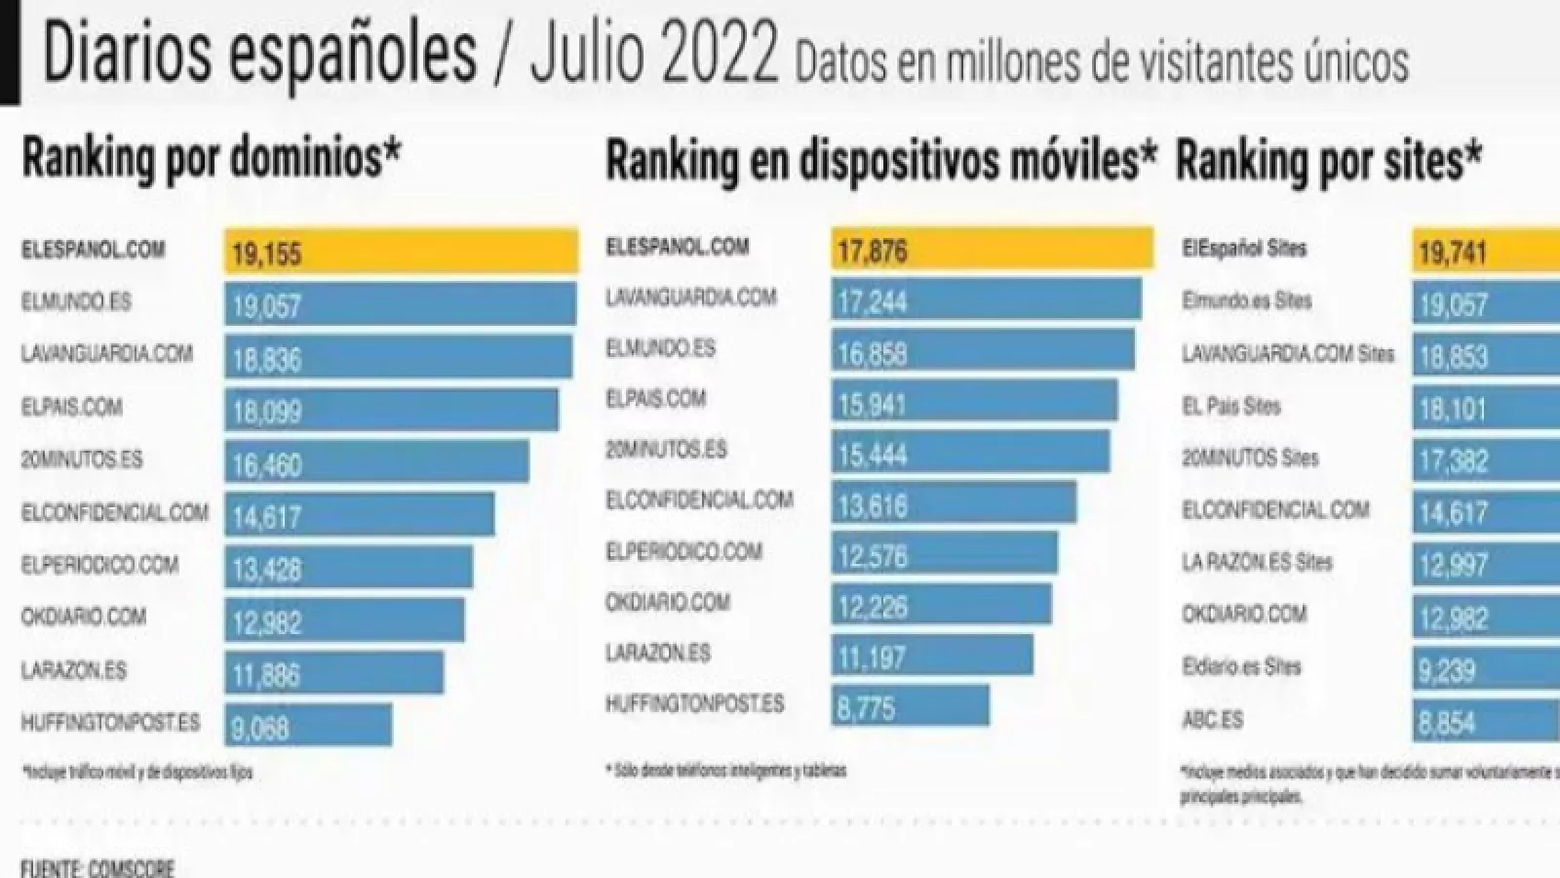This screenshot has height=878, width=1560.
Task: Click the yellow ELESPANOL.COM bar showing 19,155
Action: [401, 253]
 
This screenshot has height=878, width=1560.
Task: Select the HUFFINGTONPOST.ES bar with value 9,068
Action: [308, 726]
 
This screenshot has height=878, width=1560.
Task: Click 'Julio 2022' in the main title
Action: [654, 56]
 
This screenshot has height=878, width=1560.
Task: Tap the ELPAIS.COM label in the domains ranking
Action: [72, 406]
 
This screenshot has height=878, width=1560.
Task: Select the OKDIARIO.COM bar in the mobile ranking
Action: [941, 605]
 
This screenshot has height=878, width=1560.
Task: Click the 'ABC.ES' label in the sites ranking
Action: [1212, 720]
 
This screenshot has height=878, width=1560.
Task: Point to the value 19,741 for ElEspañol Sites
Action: [1453, 253]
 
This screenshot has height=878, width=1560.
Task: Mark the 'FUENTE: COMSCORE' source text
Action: [97, 866]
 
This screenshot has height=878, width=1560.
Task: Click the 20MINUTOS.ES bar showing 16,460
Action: [376, 462]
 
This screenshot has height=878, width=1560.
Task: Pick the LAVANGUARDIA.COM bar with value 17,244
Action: [986, 299]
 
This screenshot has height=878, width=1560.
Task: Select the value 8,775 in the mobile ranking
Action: [866, 706]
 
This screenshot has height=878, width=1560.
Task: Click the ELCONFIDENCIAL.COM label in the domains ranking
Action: [115, 511]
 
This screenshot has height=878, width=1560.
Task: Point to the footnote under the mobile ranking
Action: [725, 771]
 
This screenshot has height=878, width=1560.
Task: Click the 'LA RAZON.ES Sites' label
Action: [1257, 562]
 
